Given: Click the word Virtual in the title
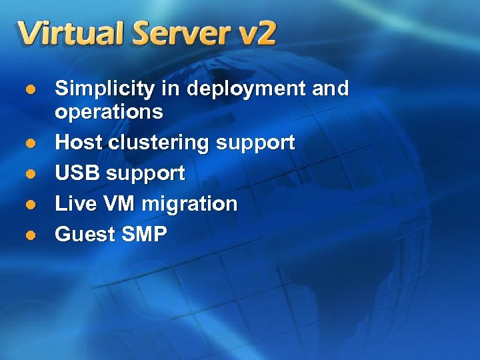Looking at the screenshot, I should click(x=70, y=33).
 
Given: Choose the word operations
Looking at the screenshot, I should click(x=109, y=112).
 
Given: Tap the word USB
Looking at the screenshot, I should click(x=77, y=173).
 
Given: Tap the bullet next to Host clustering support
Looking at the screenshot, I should click(x=29, y=143).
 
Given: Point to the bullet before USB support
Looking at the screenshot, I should click(x=29, y=174).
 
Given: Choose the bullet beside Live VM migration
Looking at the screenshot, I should click(x=29, y=205).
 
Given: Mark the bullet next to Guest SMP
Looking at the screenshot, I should click(x=29, y=235).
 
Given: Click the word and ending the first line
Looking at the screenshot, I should click(x=330, y=89).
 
